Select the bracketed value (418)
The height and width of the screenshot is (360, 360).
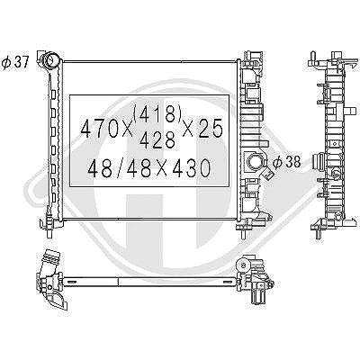pos(158,114)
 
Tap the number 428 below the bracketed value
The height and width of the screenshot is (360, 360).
pos(157,140)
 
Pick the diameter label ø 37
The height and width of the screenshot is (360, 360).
pos(15,62)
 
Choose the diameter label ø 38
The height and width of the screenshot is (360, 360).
pos(286,162)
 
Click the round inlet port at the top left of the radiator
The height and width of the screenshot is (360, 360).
pos(50,60)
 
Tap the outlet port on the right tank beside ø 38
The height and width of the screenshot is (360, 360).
pos(254,161)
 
